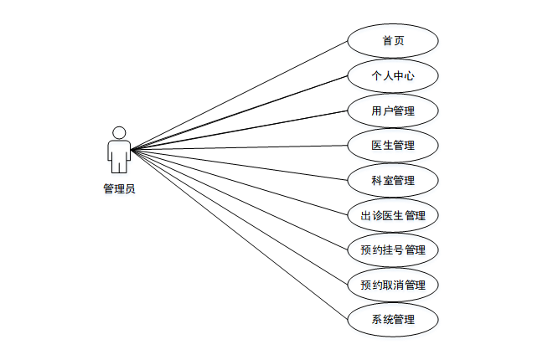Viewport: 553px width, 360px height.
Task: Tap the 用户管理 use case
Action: pyautogui.click(x=392, y=111)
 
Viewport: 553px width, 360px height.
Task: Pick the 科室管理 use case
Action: pyautogui.click(x=392, y=180)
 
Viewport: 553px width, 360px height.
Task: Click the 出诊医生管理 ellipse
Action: pyautogui.click(x=392, y=215)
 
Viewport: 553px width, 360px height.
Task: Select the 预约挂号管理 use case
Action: pyautogui.click(x=392, y=249)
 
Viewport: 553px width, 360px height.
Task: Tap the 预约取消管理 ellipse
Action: pyautogui.click(x=392, y=285)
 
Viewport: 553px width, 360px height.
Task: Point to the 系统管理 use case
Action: pyautogui.click(x=392, y=319)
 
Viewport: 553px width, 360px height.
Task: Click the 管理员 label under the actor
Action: pyautogui.click(x=119, y=189)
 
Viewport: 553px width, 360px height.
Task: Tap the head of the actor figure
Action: pyautogui.click(x=119, y=132)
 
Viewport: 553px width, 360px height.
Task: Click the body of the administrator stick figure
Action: pyautogui.click(x=119, y=154)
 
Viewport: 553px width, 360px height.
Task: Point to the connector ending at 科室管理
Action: pyautogui.click(x=251, y=166)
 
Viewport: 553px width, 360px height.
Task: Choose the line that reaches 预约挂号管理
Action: pyautogui.click(x=251, y=204)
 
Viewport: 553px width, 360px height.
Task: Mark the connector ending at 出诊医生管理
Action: pyautogui.click(x=251, y=185)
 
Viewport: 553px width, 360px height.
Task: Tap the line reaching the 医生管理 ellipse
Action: pyautogui.click(x=251, y=147)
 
